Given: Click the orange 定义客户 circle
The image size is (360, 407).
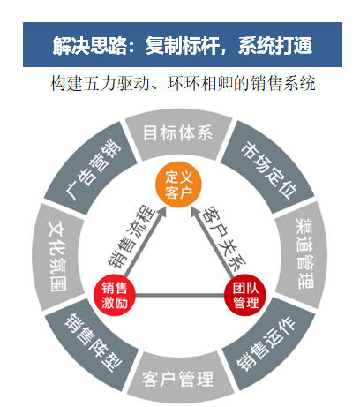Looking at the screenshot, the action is point(178,185).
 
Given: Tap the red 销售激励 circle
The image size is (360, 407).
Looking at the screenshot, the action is point(115,295).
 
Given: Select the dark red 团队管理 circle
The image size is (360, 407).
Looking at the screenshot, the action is point(245,295).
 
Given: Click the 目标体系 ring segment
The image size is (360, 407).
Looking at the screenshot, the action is point(178,134).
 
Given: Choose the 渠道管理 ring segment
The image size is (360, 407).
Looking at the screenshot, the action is point(303,253).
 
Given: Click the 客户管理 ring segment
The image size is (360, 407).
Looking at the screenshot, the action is point(178,378).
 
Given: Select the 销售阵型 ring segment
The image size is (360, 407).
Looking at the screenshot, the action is point(92,343).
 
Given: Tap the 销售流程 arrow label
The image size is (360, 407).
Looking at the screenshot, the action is point(131,236).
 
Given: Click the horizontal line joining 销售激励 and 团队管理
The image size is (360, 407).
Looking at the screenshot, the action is point(180,295).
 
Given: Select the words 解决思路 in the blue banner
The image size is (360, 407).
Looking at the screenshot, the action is point(89,46).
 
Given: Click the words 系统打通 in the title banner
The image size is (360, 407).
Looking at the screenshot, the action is point(275,46).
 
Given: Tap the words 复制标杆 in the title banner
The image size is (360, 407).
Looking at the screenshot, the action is point(183,46).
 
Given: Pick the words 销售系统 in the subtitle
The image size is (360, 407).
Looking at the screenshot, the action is point(282,84).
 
